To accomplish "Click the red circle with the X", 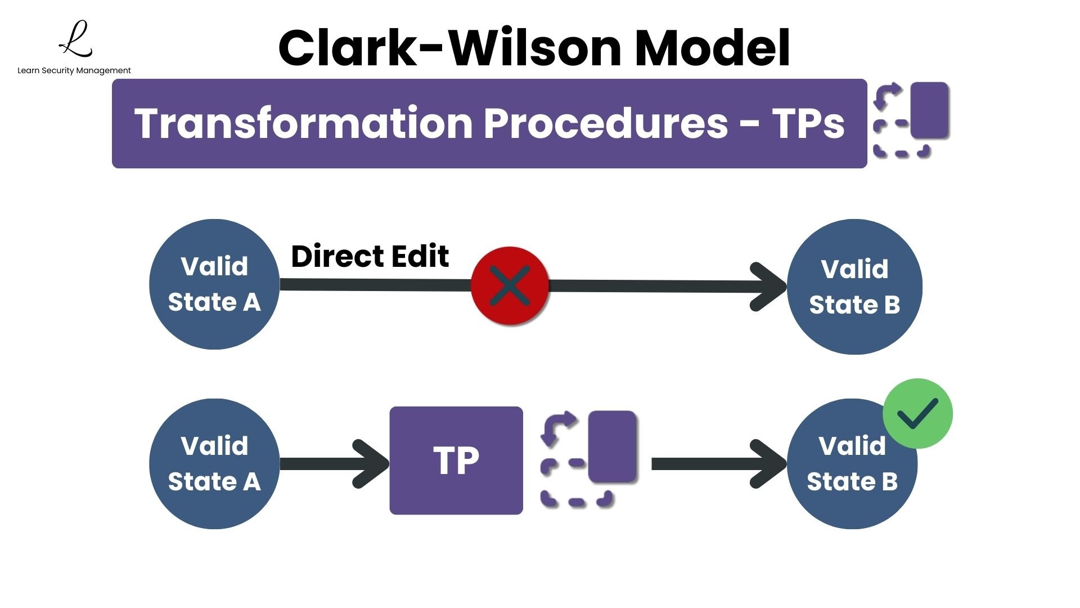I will [x=510, y=285].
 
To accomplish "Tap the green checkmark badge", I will [x=917, y=414].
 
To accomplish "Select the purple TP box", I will [x=456, y=461].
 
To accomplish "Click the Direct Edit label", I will [x=370, y=257].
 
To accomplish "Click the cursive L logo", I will [x=76, y=39].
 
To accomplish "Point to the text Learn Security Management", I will [x=74, y=70].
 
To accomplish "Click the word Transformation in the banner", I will [x=303, y=123].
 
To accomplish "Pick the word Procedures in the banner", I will [x=606, y=123].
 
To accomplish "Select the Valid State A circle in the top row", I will [x=214, y=284].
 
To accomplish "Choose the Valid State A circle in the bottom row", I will [x=214, y=464].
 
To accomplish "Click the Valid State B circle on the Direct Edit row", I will [x=854, y=287].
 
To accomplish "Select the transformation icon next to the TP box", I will [x=588, y=459].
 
